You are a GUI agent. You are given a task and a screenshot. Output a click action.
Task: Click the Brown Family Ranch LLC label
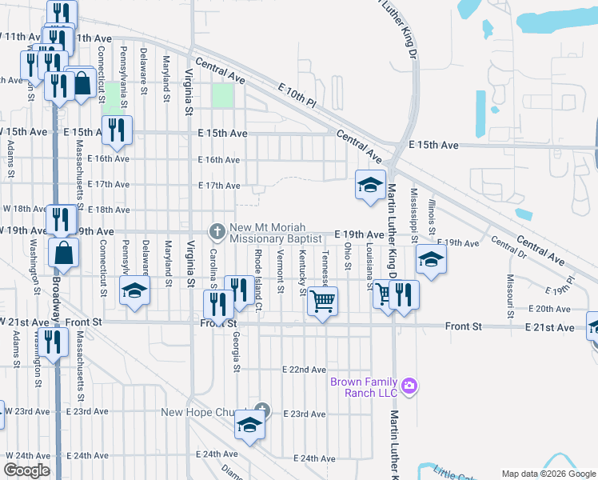(x=364, y=387)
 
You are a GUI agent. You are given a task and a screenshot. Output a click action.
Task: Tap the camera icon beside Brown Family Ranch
(x=409, y=387)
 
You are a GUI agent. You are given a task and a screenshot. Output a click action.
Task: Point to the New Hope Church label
(x=197, y=413)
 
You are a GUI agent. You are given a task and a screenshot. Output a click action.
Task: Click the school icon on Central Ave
(x=371, y=186)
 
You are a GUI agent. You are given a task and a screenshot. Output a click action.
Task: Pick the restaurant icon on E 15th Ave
(x=117, y=130)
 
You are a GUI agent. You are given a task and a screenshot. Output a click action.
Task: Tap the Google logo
(x=27, y=470)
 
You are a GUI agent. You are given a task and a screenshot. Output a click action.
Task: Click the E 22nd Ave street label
(x=305, y=370)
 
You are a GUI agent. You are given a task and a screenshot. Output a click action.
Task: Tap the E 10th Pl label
(x=298, y=97)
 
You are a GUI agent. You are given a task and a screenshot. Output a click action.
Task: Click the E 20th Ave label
(x=548, y=308)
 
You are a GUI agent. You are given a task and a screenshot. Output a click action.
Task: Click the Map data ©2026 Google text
(x=548, y=473)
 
